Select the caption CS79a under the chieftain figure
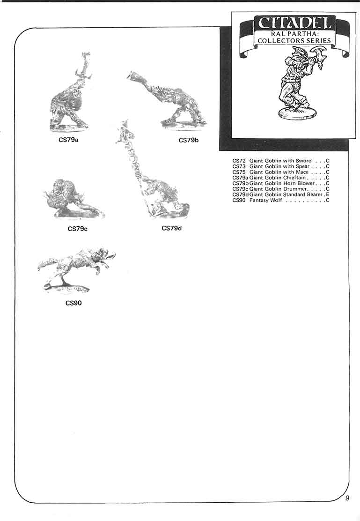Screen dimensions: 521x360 68,140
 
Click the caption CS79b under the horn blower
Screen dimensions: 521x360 189,140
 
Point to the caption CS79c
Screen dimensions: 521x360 78,229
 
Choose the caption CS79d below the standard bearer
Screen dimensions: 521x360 171,228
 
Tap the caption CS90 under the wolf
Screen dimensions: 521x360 73,303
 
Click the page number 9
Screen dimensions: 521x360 347,498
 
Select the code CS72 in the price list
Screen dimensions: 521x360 239,161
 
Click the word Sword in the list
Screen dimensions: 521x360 304,161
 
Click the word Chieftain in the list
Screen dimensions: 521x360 294,178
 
